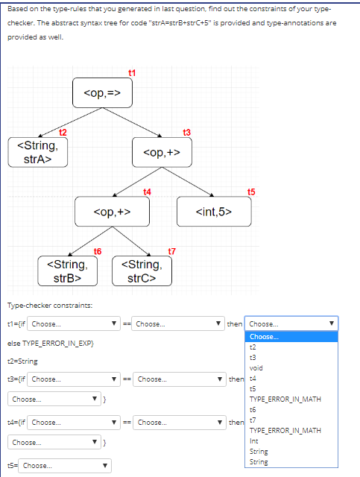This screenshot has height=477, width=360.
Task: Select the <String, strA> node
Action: [x=34, y=152]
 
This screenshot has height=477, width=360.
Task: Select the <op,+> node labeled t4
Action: [x=112, y=212]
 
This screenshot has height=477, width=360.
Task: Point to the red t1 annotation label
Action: [x=133, y=72]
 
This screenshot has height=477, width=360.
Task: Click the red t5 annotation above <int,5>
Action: [x=251, y=192]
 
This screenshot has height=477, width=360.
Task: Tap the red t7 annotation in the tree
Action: [x=172, y=250]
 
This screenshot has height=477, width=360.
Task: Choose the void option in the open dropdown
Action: [x=256, y=367]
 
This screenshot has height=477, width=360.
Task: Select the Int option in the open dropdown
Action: [x=254, y=441]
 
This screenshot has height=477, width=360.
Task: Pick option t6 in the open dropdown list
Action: [x=253, y=410]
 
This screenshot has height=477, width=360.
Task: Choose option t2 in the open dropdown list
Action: [x=253, y=347]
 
